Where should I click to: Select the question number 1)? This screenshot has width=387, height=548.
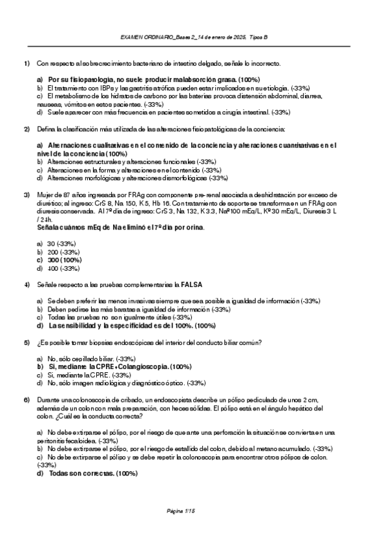[x=26, y=63]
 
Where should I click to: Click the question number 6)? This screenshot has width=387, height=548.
[x=26, y=401]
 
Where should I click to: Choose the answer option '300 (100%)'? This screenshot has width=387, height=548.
[x=63, y=260]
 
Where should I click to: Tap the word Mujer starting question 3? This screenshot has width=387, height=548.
[x=45, y=195]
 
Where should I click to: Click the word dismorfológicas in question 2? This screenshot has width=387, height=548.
[x=179, y=178]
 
